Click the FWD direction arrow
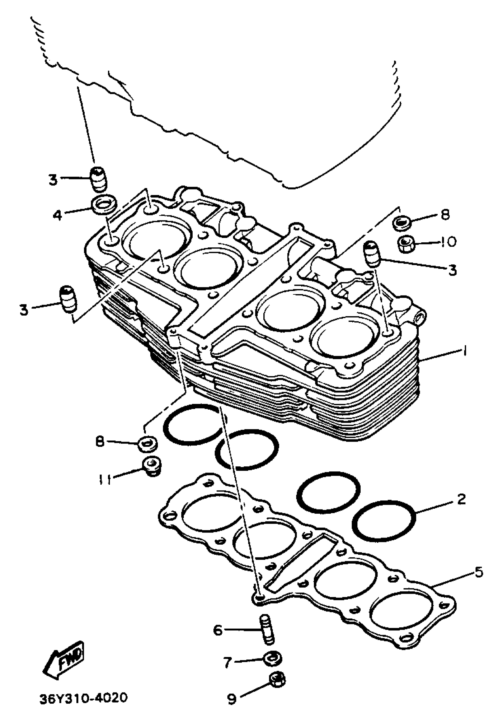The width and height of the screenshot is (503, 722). pos(64,658)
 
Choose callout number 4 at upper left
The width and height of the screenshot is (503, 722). pos(57,215)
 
